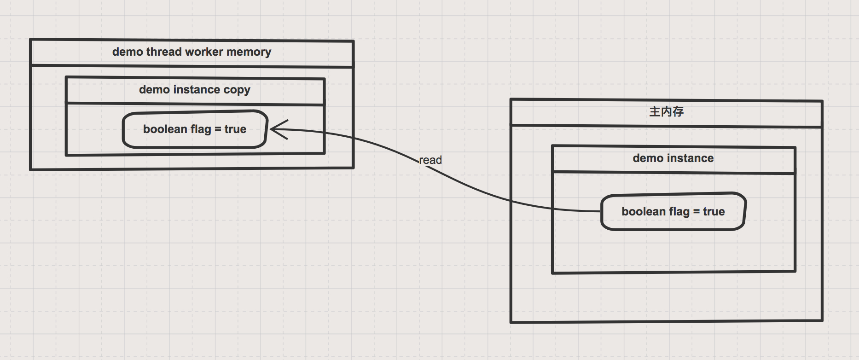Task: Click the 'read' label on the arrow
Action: click(430, 160)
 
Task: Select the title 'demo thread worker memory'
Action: click(192, 52)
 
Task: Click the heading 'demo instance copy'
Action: click(194, 90)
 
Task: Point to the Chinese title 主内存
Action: click(666, 111)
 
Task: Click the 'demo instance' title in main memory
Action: click(673, 158)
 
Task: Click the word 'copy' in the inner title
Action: click(237, 90)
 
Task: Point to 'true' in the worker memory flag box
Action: click(235, 129)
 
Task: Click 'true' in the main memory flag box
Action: click(714, 212)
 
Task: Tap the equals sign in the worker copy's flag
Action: click(218, 129)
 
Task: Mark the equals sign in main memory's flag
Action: click(696, 212)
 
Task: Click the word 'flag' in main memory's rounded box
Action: click(679, 212)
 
